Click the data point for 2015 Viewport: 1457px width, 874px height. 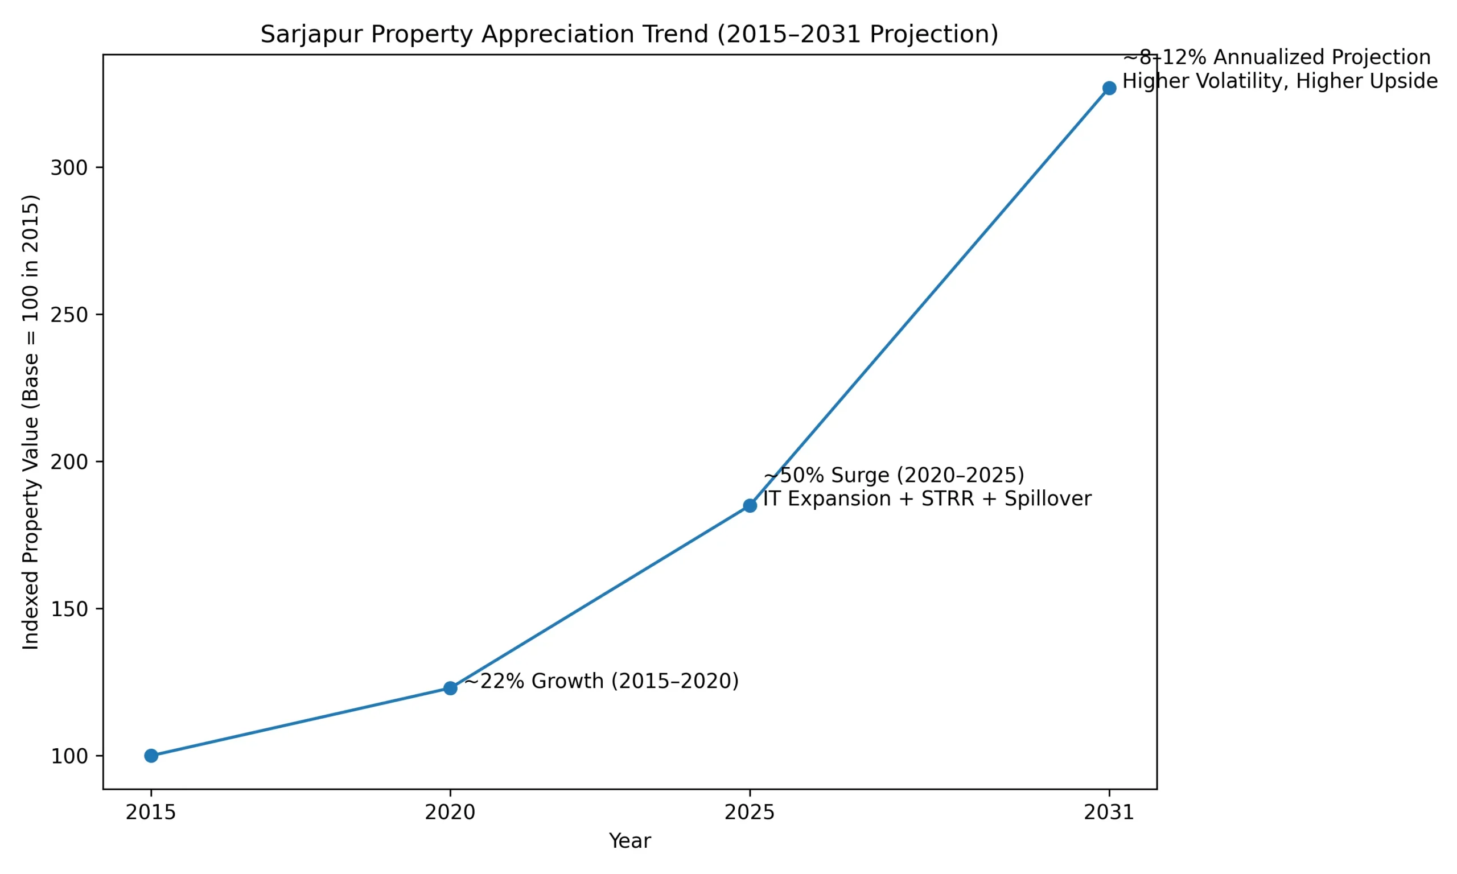pos(151,756)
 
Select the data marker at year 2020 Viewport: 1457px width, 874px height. pos(450,688)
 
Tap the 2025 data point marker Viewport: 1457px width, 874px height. pos(750,505)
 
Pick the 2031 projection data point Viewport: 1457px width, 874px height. pos(1109,88)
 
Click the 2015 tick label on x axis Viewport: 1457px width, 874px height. pos(151,813)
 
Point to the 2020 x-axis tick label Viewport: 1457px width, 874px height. pos(450,813)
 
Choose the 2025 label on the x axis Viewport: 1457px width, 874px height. pos(750,813)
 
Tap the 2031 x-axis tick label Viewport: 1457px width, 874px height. pos(1109,813)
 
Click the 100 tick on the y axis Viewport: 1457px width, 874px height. pos(69,756)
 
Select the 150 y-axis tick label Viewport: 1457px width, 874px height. pos(69,609)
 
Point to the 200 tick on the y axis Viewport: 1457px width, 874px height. pos(69,461)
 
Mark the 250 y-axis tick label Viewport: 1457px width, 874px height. pos(69,315)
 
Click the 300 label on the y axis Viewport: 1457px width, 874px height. pos(69,168)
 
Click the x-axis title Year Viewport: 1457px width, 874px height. pos(629,841)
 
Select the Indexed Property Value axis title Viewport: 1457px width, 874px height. pos(31,422)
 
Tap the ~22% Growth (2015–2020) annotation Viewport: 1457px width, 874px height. pos(601,681)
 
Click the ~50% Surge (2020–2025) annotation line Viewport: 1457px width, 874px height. pos(894,475)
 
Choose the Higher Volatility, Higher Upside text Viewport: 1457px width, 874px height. pos(1280,81)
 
